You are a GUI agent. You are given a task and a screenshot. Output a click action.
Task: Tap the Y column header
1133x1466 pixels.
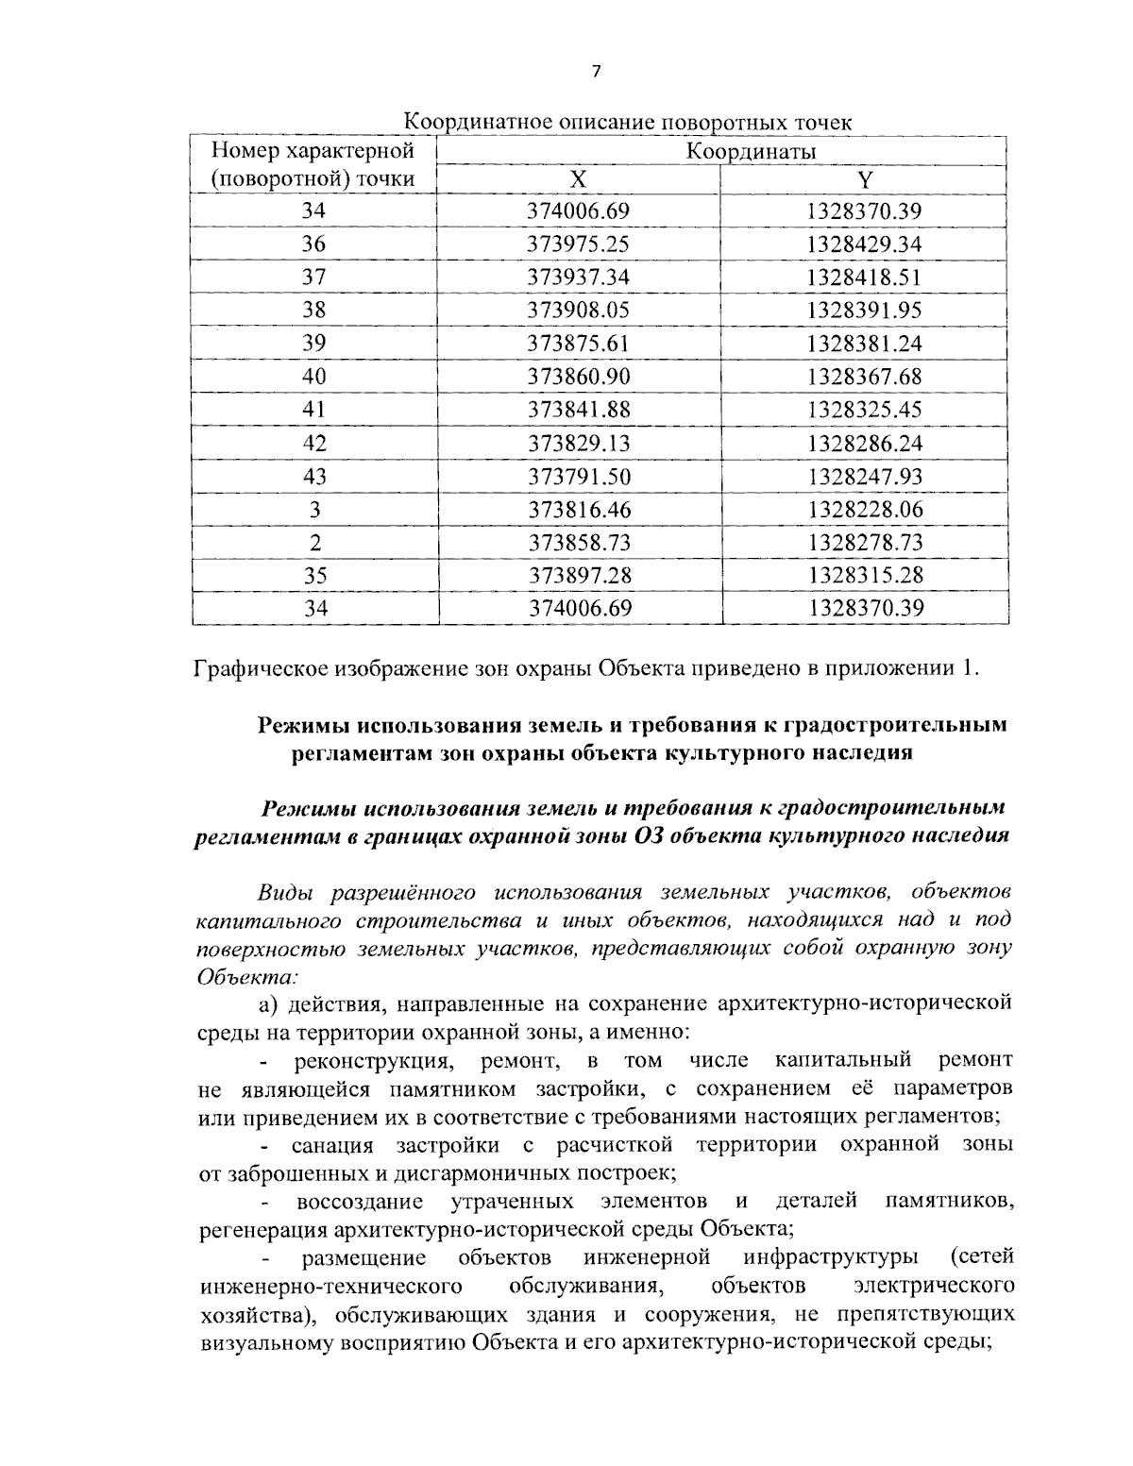[x=864, y=179]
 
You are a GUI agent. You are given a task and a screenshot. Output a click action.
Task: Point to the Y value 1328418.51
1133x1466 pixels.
[x=864, y=278]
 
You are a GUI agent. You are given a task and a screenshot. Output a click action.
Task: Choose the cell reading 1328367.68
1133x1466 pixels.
[x=864, y=377]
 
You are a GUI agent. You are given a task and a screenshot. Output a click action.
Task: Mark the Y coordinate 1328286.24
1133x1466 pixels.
[x=864, y=443]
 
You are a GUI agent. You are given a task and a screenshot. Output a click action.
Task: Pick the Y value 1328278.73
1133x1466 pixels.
[x=864, y=543]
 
